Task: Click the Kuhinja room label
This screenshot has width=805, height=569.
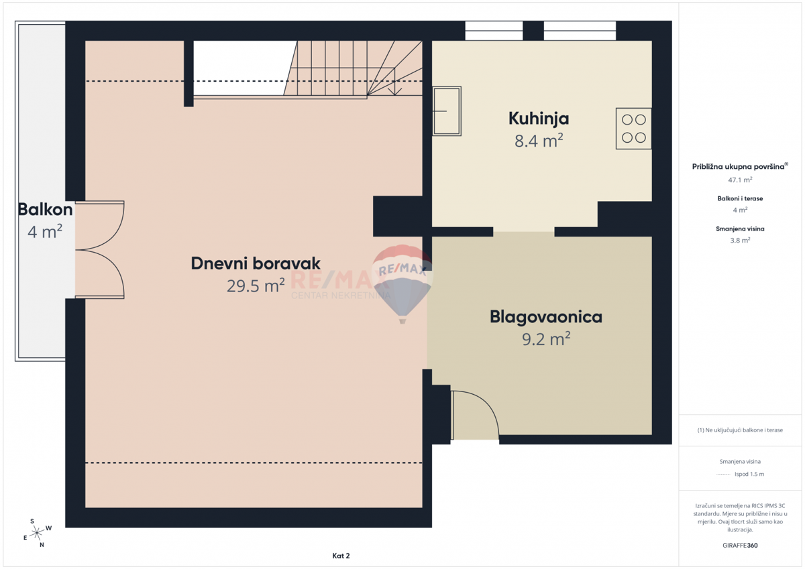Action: pos(538,119)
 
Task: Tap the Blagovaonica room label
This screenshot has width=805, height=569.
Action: pos(545,316)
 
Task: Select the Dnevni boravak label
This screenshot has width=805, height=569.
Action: pos(256,263)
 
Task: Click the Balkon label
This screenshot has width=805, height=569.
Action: pos(45,209)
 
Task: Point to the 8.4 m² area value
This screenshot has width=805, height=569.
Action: pos(539,141)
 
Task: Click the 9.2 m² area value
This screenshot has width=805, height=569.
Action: pos(545,339)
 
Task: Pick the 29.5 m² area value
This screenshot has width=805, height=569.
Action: pos(256,286)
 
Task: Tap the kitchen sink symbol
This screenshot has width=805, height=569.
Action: pos(447,111)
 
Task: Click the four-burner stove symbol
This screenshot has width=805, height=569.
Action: pos(633,129)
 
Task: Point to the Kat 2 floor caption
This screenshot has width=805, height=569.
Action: pos(341,556)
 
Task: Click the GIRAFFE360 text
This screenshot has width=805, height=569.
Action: pos(740,546)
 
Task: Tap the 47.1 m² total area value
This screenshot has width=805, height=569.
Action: pos(740,180)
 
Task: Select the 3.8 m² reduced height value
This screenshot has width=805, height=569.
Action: pos(740,240)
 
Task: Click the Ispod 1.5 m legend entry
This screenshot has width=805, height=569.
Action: pos(749,474)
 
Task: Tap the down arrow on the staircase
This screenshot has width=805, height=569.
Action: pos(396,87)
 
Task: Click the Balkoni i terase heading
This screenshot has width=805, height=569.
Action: pos(740,198)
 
